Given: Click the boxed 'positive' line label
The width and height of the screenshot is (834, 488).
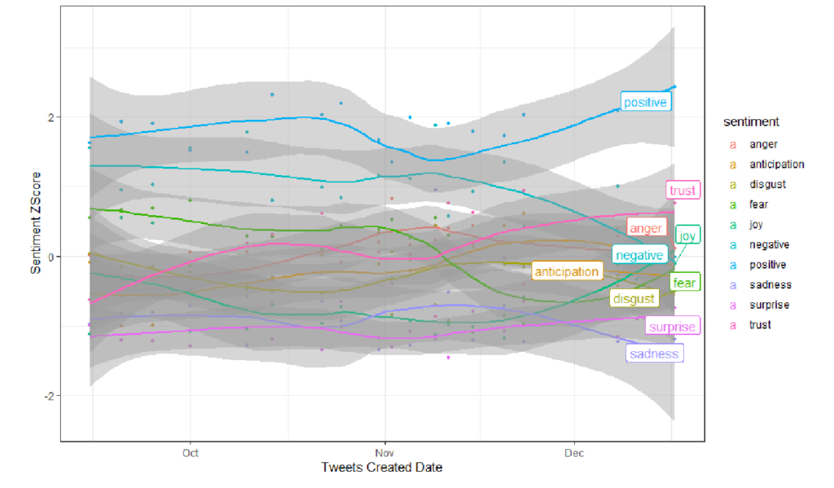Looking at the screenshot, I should (645, 102).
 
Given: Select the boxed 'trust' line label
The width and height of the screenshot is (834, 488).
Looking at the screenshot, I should (683, 191).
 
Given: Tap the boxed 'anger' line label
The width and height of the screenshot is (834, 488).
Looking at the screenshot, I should (646, 229).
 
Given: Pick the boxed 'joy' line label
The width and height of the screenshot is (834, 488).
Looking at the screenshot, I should (688, 236).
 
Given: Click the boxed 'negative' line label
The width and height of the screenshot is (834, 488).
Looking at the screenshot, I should (639, 255).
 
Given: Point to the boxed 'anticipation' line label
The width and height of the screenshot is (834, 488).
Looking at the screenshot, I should (566, 271).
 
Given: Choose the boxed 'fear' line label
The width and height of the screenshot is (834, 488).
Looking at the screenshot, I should (684, 283).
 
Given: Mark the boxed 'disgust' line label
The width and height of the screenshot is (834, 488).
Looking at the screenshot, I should (634, 299).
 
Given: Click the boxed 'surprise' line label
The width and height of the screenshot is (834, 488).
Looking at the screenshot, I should (673, 327).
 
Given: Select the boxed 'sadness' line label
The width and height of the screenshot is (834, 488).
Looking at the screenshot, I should (654, 354).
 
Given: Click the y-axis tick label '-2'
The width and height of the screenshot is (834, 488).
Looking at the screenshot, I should (49, 397).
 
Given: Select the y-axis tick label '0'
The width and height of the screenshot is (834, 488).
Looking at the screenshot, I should (51, 257).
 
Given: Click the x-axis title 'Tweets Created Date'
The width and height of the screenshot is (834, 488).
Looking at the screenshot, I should (382, 468).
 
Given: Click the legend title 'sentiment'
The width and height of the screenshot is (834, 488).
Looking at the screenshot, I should (751, 122).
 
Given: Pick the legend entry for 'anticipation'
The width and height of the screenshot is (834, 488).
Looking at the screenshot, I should (776, 165).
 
